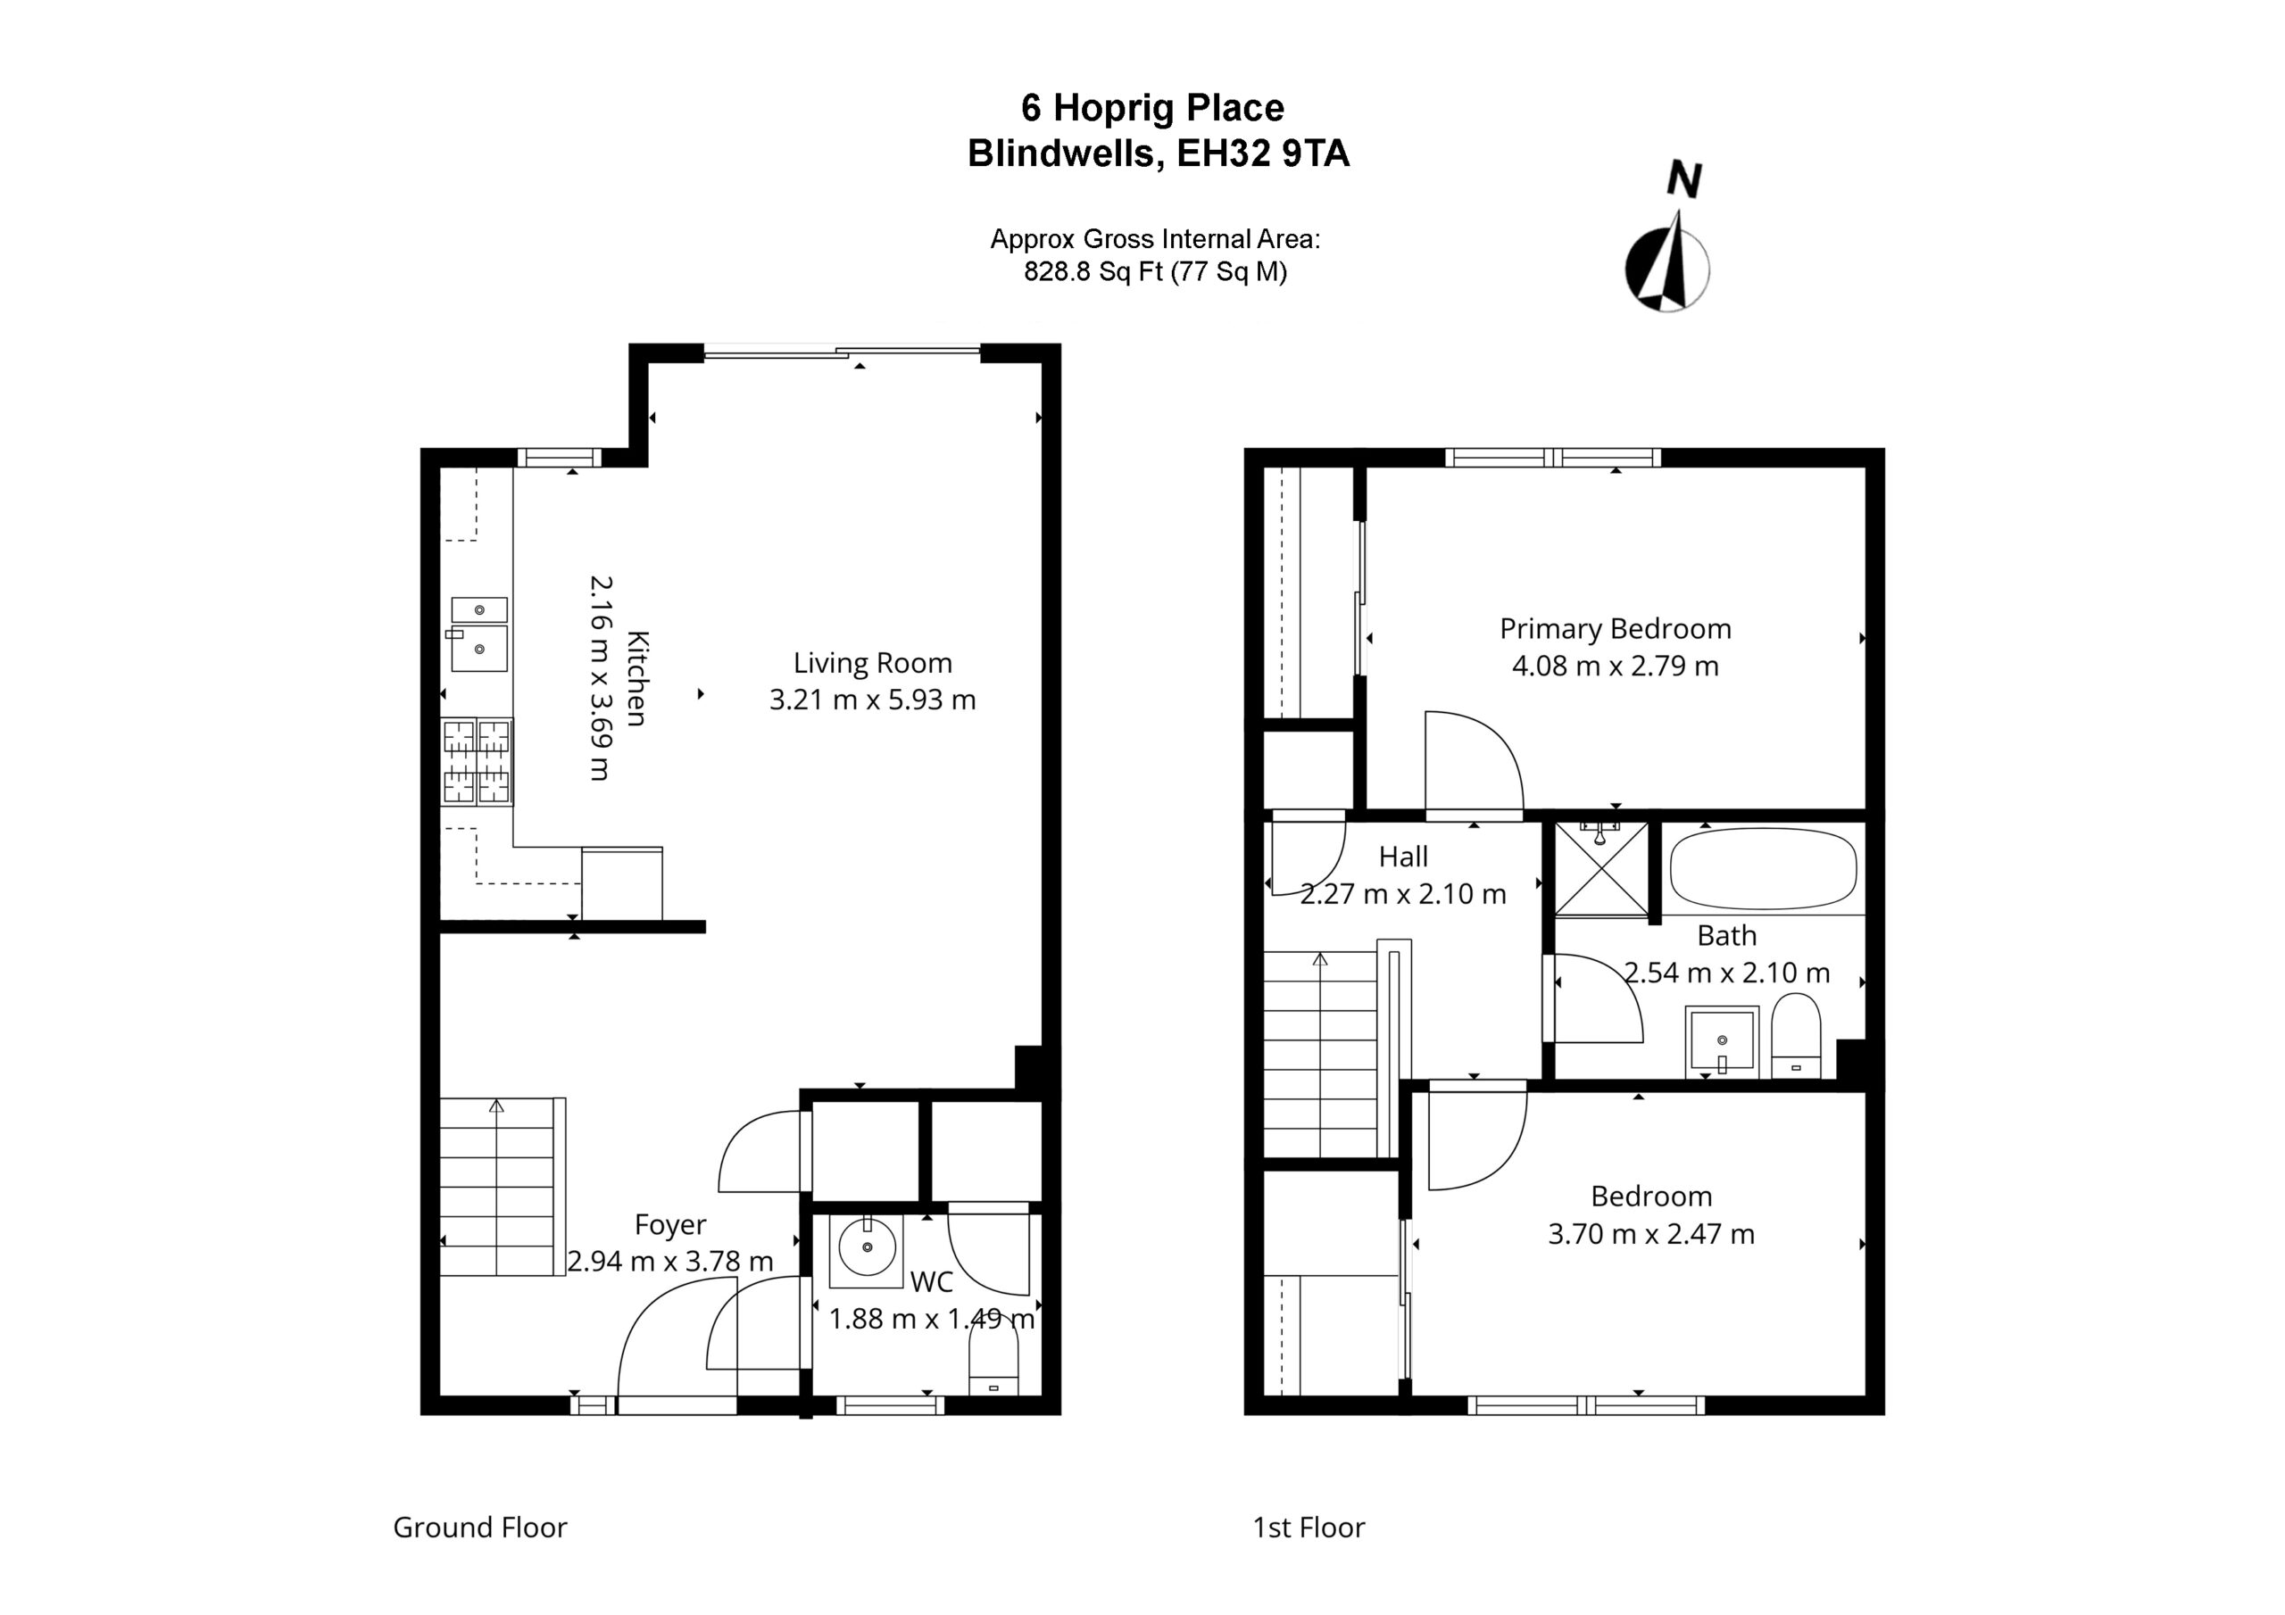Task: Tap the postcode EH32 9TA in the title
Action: point(1263,154)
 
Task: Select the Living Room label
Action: point(872,663)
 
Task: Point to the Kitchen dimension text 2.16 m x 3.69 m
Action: point(600,677)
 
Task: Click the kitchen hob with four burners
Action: point(477,761)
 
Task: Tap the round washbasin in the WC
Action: point(866,1246)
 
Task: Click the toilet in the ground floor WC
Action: point(994,1364)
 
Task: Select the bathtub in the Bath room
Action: point(1764,869)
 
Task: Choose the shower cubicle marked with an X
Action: point(1601,867)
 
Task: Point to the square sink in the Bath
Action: point(1722,1042)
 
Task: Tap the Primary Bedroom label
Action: point(1616,629)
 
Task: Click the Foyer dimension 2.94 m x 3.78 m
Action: point(669,1262)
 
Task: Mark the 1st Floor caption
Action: point(1309,1528)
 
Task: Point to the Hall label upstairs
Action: point(1403,857)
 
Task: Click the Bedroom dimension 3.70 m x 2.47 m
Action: point(1651,1234)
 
